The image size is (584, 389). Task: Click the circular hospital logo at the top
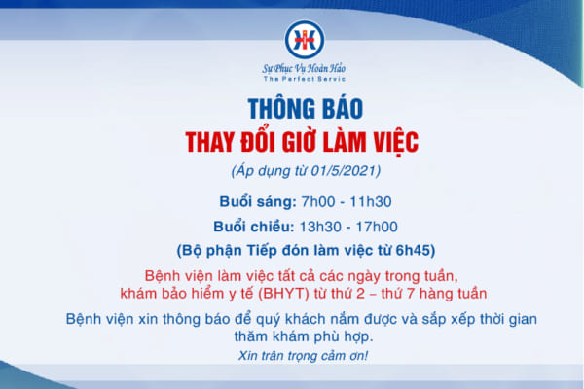click(301, 39)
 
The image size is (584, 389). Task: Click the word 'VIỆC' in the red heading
click(387, 142)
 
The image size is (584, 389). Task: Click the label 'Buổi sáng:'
click(257, 202)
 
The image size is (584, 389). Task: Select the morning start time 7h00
click(314, 202)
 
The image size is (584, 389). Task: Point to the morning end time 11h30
click(370, 202)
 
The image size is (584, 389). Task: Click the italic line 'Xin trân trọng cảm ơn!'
click(302, 356)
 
